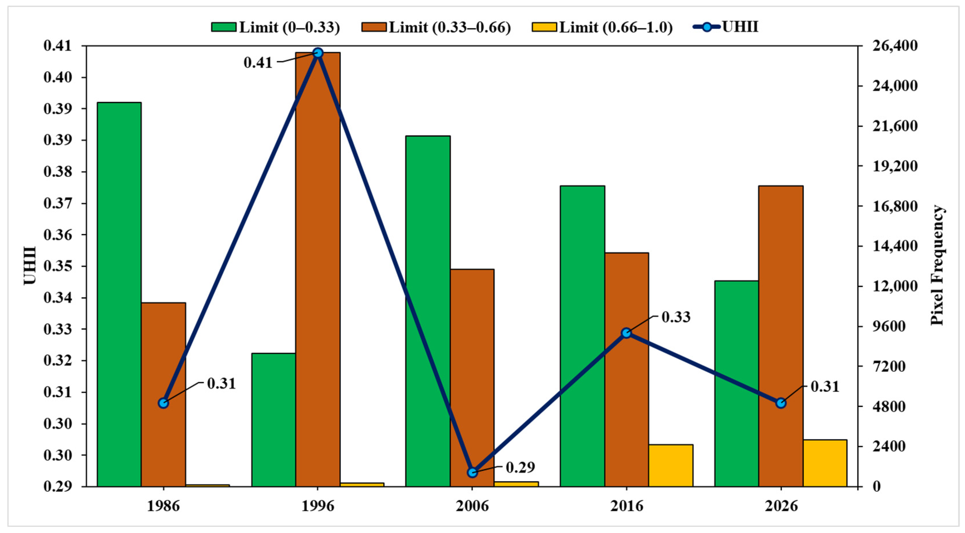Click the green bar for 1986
tap(119, 294)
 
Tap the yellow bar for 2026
tap(825, 463)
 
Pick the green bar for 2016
tap(583, 336)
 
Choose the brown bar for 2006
tap(472, 378)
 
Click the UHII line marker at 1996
tap(318, 52)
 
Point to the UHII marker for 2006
tap(472, 472)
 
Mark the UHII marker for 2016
tap(626, 333)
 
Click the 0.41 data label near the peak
tap(258, 62)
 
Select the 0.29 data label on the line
tap(521, 467)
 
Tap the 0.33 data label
tap(676, 317)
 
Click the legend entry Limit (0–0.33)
tap(276, 27)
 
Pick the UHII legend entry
tap(726, 27)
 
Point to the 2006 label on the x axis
tap(472, 506)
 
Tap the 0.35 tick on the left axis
tap(58, 266)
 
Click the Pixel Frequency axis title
tap(938, 265)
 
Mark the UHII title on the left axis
tap(30, 265)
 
